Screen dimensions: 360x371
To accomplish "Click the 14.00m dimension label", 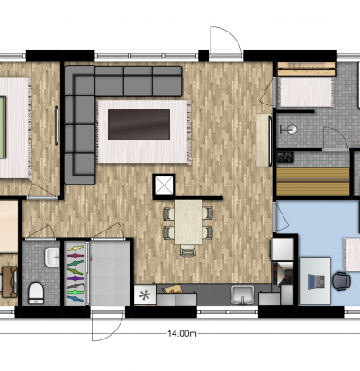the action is pyautogui.click(x=182, y=333).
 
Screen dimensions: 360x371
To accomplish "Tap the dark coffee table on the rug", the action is pyautogui.click(x=139, y=124).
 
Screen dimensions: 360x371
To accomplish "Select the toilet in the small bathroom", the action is pyautogui.click(x=36, y=294).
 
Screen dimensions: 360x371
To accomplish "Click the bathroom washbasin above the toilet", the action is pyautogui.click(x=52, y=257).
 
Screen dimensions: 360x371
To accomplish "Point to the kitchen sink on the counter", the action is pyautogui.click(x=242, y=294).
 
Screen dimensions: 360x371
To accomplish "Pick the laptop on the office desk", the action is pyautogui.click(x=317, y=282).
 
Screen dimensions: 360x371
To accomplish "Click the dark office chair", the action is pyautogui.click(x=341, y=281).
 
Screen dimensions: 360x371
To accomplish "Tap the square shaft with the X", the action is pyautogui.click(x=164, y=185).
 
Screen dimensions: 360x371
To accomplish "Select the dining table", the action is pyautogui.click(x=188, y=222).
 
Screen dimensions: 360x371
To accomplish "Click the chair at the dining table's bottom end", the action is pyautogui.click(x=188, y=250).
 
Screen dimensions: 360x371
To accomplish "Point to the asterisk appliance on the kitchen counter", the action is pyautogui.click(x=145, y=295).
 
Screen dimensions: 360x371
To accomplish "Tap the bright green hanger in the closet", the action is pyautogui.click(x=75, y=292).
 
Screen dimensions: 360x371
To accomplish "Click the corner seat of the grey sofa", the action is pyautogui.click(x=79, y=80).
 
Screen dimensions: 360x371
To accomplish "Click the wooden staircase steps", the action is pyautogui.click(x=313, y=182).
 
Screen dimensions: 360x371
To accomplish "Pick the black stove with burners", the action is pyautogui.click(x=285, y=158).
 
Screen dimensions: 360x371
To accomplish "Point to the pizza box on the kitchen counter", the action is pyautogui.click(x=172, y=289).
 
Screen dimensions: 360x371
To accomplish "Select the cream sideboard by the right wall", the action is pyautogui.click(x=264, y=140).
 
